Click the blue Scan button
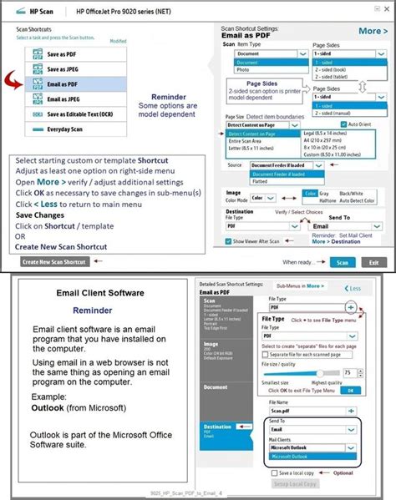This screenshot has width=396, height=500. coord(341,261)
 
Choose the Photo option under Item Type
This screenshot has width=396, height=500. coord(246,71)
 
